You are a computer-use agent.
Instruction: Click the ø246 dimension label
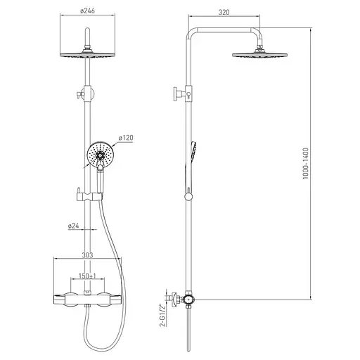coord(87,11)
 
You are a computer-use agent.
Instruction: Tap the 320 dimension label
coord(224,12)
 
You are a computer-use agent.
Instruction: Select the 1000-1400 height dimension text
coord(306,163)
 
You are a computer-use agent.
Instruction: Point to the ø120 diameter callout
coord(126,138)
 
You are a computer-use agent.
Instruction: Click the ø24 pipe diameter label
coord(73,226)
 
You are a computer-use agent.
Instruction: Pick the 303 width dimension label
coord(87,255)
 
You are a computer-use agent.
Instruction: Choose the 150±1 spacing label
coord(87,276)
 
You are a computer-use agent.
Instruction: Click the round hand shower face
coord(101,155)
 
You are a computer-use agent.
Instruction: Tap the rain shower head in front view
coord(88,54)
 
